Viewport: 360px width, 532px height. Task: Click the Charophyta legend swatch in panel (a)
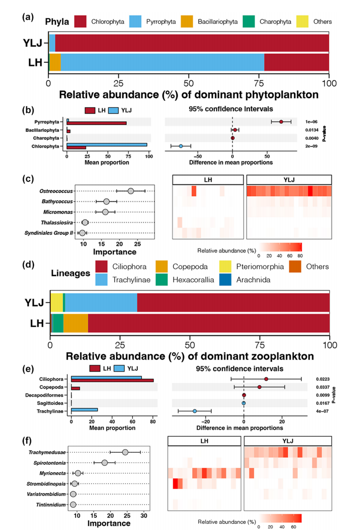point(249,21)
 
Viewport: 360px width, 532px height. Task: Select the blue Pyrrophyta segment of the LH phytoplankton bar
point(163,62)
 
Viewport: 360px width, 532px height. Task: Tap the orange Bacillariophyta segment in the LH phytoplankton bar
point(55,62)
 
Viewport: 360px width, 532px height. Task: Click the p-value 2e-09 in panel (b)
point(311,146)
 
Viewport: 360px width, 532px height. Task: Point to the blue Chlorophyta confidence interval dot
point(181,146)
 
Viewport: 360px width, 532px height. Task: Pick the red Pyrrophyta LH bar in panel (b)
point(96,123)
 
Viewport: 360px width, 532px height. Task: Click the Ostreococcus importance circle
point(130,191)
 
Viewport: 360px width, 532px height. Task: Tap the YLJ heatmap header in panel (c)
point(289,180)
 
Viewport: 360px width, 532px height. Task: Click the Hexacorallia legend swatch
point(161,279)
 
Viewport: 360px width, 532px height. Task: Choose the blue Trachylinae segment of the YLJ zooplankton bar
point(101,302)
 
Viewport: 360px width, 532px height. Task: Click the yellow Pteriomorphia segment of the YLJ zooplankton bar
point(57,302)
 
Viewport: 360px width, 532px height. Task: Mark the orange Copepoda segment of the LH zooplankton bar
point(76,323)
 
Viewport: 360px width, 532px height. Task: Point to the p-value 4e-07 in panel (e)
point(322,411)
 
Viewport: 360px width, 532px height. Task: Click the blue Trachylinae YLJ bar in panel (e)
point(84,410)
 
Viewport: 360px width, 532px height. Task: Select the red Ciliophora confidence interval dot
point(266,379)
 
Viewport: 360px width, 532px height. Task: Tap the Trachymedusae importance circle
point(125,452)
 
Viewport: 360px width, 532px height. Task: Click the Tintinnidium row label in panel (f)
point(51,505)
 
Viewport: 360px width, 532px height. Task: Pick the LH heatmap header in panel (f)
point(204,441)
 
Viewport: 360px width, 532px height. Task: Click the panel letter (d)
point(28,264)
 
